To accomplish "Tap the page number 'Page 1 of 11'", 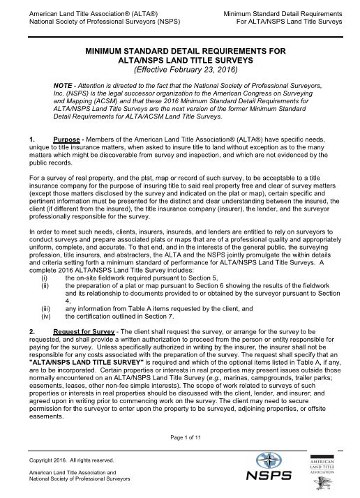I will [x=180, y=437].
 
